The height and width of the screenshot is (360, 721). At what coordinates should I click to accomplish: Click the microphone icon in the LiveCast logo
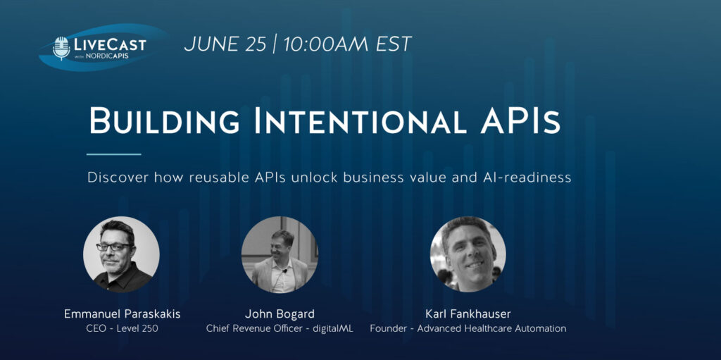point(61,48)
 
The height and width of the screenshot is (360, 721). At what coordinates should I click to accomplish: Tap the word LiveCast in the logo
point(109,45)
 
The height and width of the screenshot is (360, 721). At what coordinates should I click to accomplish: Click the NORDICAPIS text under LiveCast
point(107,56)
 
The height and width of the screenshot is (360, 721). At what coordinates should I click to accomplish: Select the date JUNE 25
point(225,44)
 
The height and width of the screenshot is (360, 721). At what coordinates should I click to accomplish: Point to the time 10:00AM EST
point(347,44)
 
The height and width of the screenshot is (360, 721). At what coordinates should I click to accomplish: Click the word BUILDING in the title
point(163,120)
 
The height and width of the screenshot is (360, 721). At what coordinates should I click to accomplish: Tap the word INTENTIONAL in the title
point(361,120)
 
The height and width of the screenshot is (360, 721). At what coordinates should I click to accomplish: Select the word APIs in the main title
point(520,120)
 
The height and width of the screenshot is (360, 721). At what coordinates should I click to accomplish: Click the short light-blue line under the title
point(113,154)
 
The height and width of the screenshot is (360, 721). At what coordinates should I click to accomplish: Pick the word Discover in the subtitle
point(118,178)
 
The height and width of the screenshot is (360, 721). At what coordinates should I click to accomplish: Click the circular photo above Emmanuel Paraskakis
point(121,254)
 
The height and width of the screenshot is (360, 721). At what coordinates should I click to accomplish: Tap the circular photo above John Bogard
point(280,254)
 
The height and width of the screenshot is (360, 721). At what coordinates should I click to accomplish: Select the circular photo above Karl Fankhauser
point(468,254)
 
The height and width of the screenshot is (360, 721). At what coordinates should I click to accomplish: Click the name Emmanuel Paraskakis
point(123,314)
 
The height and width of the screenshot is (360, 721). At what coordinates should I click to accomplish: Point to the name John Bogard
point(280,314)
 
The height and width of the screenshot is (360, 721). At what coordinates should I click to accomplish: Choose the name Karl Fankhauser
point(468,314)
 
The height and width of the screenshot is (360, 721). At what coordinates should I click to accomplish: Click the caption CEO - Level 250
point(123,329)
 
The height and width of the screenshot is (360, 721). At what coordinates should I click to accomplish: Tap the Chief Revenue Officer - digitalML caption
point(280,329)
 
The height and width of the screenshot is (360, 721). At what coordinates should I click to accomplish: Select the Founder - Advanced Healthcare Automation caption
point(468,329)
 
